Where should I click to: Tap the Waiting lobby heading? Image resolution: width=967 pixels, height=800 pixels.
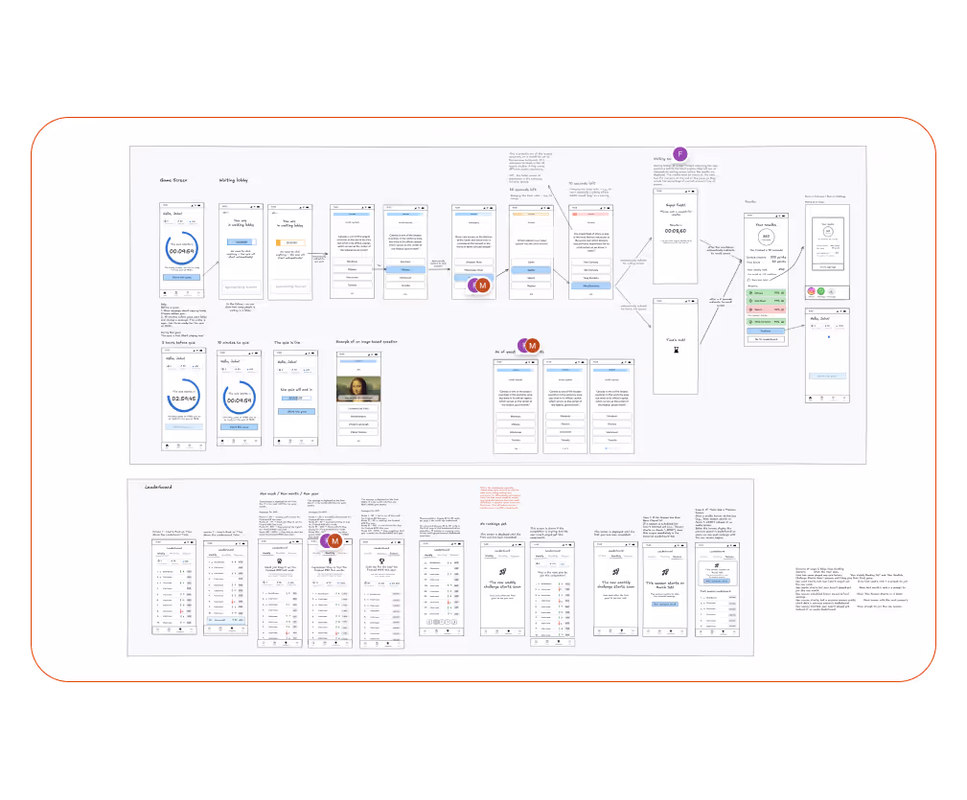point(234,180)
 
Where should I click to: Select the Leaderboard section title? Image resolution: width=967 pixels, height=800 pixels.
point(159,488)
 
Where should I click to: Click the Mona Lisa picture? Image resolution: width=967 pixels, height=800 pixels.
point(357,386)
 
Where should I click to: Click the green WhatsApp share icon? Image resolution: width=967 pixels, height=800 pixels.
point(821,292)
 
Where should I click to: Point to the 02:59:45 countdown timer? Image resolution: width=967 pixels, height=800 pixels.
point(184,393)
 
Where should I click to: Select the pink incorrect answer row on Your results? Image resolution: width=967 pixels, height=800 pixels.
point(764,309)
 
